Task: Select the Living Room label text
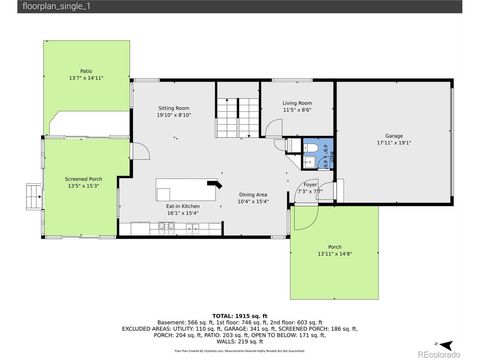pos(297,102)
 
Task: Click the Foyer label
pos(310,184)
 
